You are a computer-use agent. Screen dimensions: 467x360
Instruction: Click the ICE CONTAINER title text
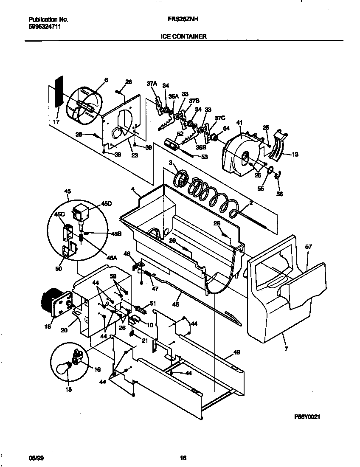point(184,37)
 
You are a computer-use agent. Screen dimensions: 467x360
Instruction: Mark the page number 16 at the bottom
point(183,458)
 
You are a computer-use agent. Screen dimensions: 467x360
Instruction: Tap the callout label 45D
point(107,204)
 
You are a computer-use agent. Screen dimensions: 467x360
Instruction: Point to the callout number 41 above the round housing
point(239,123)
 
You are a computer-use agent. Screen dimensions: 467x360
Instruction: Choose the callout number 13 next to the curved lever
point(295,155)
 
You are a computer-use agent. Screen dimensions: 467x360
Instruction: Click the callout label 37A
point(152,84)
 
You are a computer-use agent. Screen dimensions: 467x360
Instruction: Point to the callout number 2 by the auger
point(251,203)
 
